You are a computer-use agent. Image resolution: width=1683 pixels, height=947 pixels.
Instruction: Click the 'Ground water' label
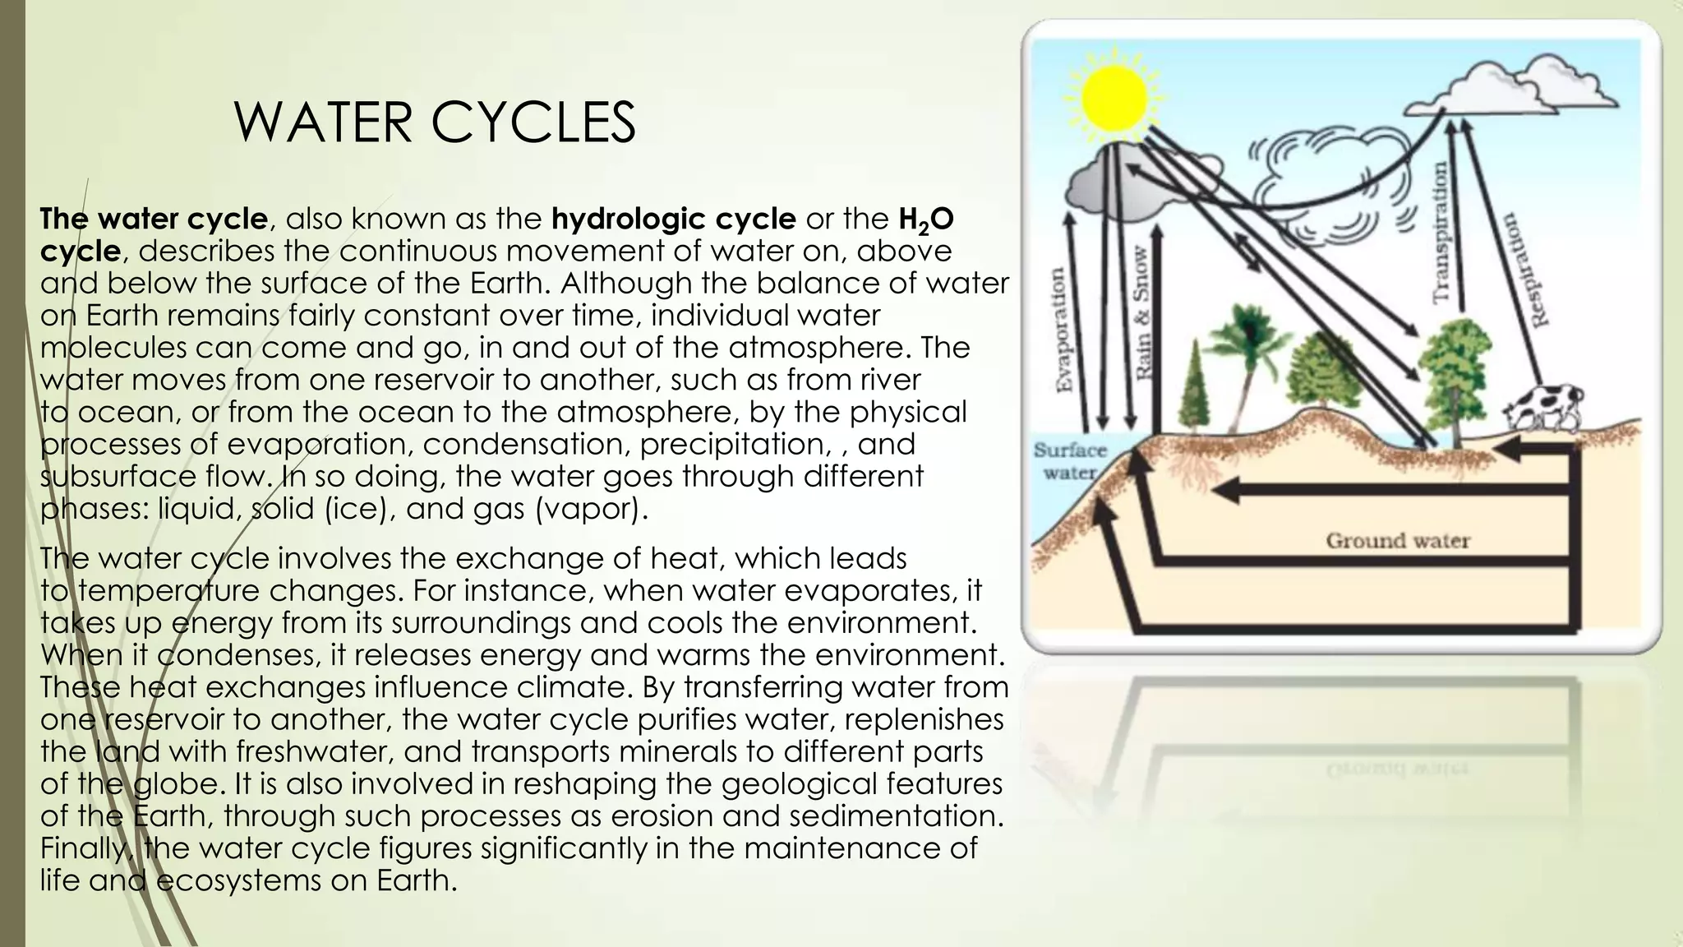(1397, 540)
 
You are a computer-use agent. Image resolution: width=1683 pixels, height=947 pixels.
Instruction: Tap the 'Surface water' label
(1070, 461)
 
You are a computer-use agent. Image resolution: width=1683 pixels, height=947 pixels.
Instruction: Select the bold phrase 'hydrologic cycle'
(673, 219)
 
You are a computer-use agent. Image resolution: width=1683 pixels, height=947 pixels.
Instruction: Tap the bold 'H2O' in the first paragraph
(925, 219)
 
